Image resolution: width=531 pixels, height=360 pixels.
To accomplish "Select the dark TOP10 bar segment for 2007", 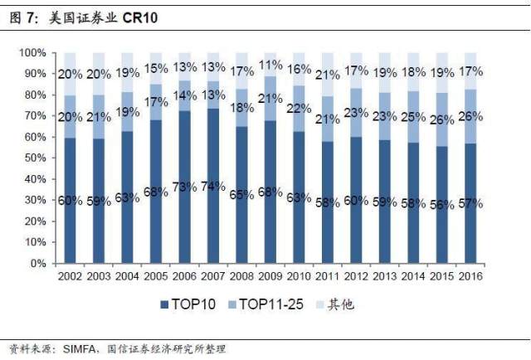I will tap(213, 224).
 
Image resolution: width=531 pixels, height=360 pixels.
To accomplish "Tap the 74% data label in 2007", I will tap(213, 186).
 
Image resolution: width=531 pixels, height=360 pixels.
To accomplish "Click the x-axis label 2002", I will tap(69, 275).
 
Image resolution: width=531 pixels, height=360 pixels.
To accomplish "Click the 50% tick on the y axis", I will tap(34, 158).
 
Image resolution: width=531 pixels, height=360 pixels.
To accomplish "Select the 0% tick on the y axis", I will tap(37, 264).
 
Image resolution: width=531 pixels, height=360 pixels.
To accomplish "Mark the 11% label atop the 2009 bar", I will tap(271, 65).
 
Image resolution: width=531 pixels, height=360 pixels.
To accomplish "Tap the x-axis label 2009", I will tap(270, 275).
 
